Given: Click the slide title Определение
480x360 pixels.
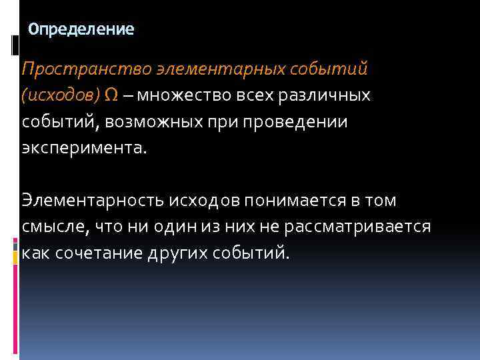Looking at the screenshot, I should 82,29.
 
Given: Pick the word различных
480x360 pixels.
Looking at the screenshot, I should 325,95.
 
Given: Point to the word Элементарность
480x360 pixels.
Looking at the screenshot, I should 91,200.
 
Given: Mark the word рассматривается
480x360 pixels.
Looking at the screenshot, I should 357,227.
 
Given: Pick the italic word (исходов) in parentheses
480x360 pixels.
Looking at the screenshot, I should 61,95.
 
